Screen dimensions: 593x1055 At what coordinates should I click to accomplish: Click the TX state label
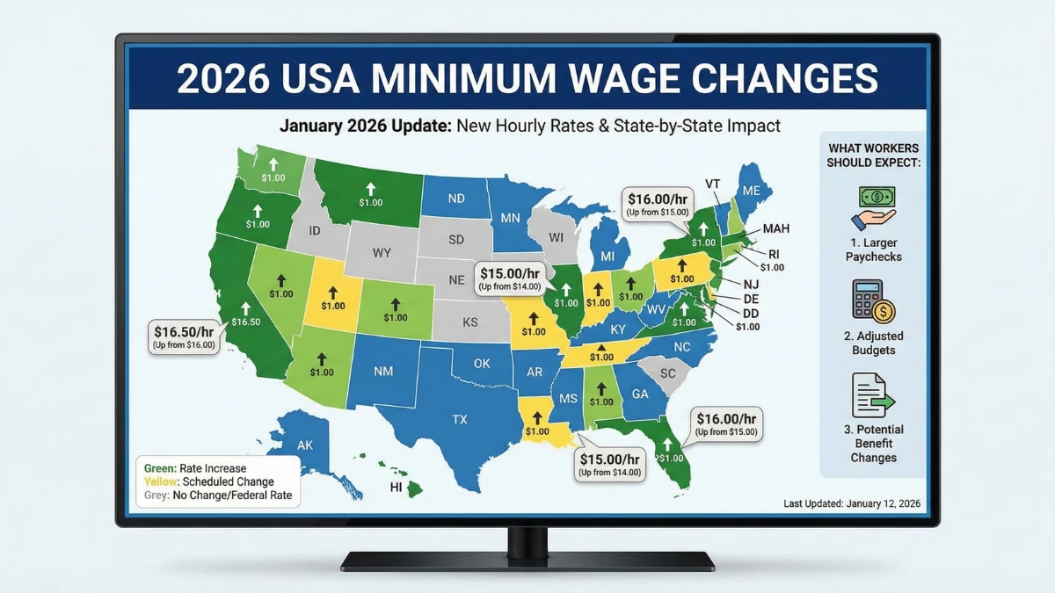point(459,420)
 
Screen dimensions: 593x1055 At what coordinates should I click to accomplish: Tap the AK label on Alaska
point(304,445)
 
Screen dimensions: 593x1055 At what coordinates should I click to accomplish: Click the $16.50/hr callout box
point(184,337)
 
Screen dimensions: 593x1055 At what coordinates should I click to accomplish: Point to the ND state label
point(455,199)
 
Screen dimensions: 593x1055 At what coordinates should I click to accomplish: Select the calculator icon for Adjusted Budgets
point(873,300)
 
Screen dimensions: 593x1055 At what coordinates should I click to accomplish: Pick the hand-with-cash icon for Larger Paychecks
point(873,208)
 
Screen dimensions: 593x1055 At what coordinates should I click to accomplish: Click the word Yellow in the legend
point(159,481)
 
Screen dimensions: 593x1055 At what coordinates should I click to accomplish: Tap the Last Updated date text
point(850,503)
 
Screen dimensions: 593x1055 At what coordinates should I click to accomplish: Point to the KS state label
point(469,322)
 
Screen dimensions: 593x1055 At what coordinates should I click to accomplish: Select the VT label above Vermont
point(713,183)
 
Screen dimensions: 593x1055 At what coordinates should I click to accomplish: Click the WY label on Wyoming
point(382,253)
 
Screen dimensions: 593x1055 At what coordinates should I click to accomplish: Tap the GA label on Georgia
point(639,394)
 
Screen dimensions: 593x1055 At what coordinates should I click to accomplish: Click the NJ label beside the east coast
point(751,284)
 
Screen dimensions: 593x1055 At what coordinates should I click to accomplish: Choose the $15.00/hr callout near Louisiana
point(610,464)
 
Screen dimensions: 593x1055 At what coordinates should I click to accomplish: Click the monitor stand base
point(527,560)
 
